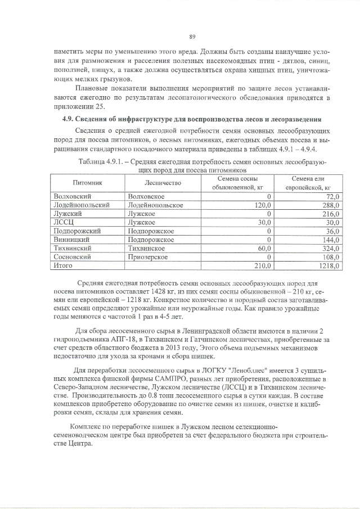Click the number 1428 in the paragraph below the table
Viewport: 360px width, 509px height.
click(x=160, y=292)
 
